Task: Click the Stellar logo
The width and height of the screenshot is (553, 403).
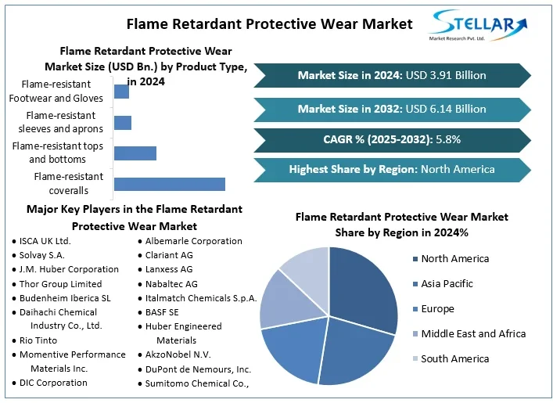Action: pyautogui.click(x=478, y=25)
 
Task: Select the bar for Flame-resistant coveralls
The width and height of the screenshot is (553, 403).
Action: pyautogui.click(x=170, y=184)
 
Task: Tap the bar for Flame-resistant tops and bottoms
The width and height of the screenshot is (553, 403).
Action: pyautogui.click(x=135, y=153)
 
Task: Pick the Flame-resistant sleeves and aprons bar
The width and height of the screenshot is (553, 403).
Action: pyautogui.click(x=123, y=123)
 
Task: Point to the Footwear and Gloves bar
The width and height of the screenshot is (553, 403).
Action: pyautogui.click(x=121, y=92)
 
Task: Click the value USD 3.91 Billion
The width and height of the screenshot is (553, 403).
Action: pyautogui.click(x=446, y=75)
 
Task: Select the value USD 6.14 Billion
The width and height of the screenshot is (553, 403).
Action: pyautogui.click(x=446, y=109)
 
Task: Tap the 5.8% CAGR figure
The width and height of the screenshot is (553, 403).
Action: pyautogui.click(x=448, y=139)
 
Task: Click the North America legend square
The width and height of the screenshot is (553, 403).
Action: pyautogui.click(x=415, y=259)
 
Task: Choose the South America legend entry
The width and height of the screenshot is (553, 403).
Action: pyautogui.click(x=451, y=359)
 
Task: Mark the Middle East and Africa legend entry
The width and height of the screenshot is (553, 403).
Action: pyautogui.click(x=469, y=334)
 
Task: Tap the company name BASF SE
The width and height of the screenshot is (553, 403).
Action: pyautogui.click(x=162, y=312)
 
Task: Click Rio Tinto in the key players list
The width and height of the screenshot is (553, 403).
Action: pyautogui.click(x=38, y=340)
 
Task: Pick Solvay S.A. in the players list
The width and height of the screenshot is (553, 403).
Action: pyautogui.click(x=42, y=255)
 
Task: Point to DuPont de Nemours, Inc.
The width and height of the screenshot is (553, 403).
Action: pyautogui.click(x=198, y=369)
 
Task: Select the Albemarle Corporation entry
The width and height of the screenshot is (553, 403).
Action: pyautogui.click(x=194, y=241)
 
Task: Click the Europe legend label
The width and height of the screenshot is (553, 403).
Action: pyautogui.click(x=438, y=309)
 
